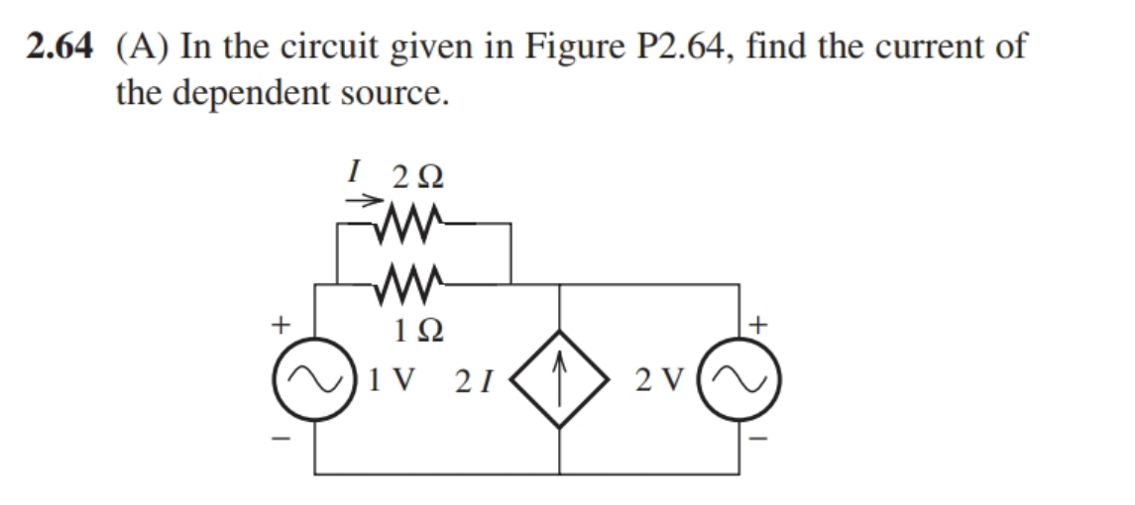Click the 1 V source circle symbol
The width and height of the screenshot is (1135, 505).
316,380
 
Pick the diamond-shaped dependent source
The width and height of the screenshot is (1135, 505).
560,380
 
